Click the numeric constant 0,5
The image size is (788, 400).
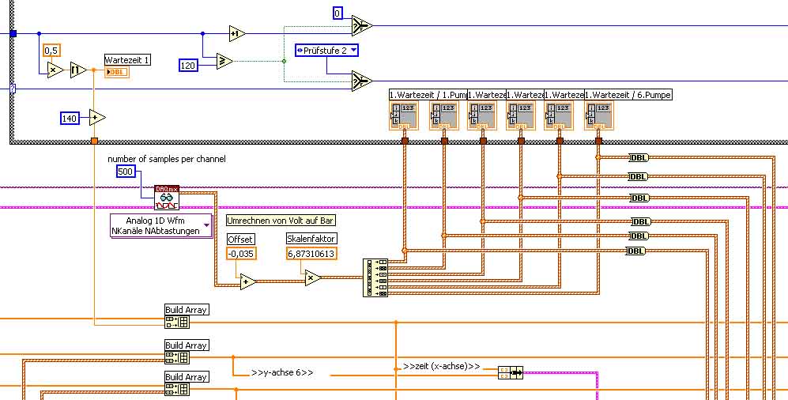[x=52, y=50]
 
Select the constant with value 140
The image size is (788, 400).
[x=70, y=118]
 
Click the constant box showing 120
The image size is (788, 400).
[x=188, y=65]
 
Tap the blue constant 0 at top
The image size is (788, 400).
[x=337, y=13]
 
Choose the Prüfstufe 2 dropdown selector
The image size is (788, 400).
[x=326, y=51]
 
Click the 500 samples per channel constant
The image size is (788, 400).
[x=126, y=172]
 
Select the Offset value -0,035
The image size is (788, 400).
[x=241, y=253]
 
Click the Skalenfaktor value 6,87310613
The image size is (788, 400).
[x=311, y=253]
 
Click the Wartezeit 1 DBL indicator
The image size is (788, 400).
[x=116, y=72]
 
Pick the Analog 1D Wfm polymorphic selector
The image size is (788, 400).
[x=161, y=225]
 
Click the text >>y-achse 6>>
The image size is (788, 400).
[x=282, y=372]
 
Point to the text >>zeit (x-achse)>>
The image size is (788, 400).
[x=441, y=366]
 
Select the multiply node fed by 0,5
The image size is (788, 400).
[x=55, y=70]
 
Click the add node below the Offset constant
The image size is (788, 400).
[x=248, y=281]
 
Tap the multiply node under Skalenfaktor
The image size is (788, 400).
[x=313, y=277]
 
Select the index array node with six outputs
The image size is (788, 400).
[x=375, y=277]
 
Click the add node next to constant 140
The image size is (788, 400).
[x=97, y=118]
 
